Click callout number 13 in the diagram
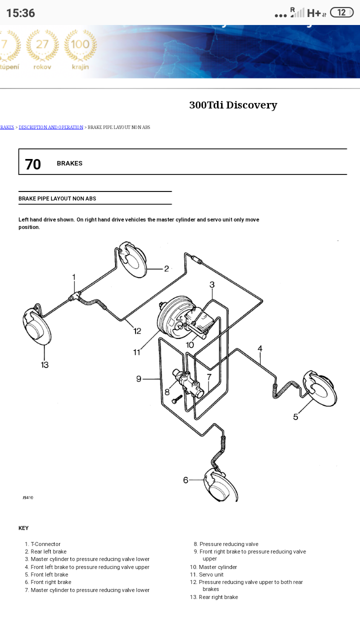45,364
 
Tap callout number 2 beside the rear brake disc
166,268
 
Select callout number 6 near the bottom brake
186,480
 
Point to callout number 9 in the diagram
139,378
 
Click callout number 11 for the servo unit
137,352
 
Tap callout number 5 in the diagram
295,416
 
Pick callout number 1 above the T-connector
74,277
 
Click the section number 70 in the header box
33,164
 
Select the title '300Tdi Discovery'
233,105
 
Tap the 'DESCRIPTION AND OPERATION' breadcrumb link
51,127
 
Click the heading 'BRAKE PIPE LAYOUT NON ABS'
57,198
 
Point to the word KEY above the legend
23,528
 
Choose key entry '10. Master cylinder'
213,567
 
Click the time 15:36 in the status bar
20,13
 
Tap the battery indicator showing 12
341,12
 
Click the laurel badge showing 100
80,49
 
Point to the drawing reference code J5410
28,497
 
